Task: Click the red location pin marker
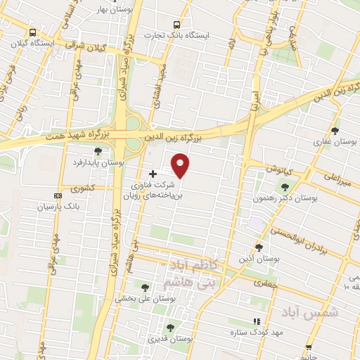tap(181, 165)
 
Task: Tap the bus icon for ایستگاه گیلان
tap(32, 32)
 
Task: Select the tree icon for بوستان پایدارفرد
tap(98, 151)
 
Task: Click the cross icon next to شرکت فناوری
tap(153, 173)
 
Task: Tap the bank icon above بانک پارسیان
tap(58, 196)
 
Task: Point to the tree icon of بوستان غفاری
tap(335, 130)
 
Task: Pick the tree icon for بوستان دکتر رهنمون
tap(285, 187)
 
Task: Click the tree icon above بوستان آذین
tap(259, 247)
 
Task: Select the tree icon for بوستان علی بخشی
tap(145, 288)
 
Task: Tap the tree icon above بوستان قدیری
tap(169, 328)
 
